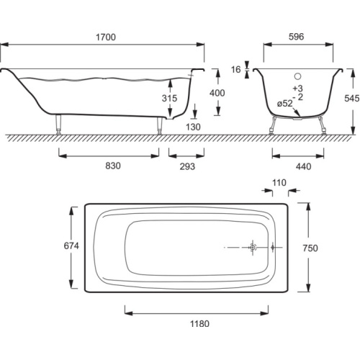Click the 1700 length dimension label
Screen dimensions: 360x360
[x=106, y=37]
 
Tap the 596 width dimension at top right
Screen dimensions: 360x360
[x=296, y=37]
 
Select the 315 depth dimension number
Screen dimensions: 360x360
[x=169, y=98]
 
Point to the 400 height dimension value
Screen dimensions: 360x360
[x=217, y=93]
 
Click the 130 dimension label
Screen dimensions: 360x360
[x=193, y=127]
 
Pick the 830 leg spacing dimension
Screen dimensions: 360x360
[x=113, y=166]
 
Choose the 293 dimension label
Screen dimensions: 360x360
[x=187, y=166]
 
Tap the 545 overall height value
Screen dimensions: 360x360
[x=351, y=98]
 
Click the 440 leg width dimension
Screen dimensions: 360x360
[x=303, y=166]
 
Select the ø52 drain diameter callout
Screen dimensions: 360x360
[x=285, y=104]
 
